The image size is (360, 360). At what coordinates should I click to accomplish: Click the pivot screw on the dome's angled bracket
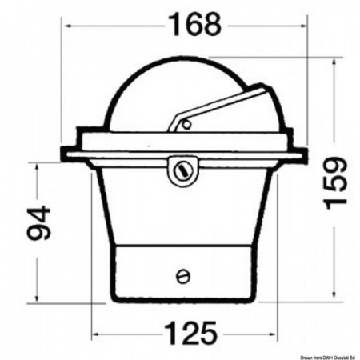186,124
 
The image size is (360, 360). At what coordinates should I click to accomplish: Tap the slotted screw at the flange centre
181,170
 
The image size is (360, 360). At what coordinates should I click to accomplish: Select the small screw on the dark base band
182,276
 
